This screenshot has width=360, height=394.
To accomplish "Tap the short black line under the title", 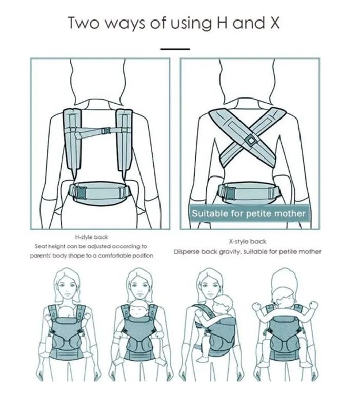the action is [175, 49].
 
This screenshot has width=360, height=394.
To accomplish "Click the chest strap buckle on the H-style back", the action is [106, 130].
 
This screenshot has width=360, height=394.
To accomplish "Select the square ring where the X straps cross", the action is [250, 140].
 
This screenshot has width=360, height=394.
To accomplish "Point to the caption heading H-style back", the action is [91, 237].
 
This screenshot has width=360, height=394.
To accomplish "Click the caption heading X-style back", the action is [247, 242].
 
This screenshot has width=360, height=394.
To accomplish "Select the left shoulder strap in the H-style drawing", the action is [72, 139].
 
